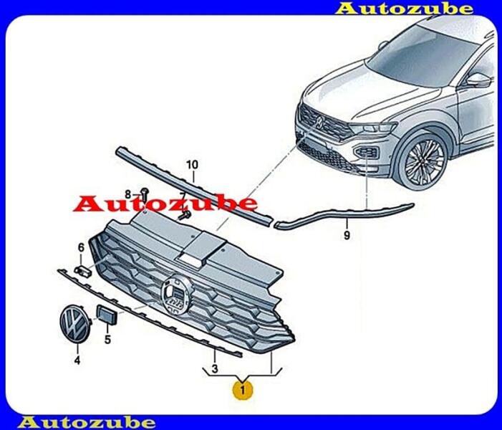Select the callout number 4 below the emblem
(77, 360)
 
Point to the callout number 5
(107, 340)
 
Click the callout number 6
(81, 248)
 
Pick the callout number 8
(128, 194)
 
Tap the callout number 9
(347, 235)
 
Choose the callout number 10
(191, 165)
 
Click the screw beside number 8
(144, 191)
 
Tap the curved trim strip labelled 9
(344, 215)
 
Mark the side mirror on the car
(478, 79)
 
